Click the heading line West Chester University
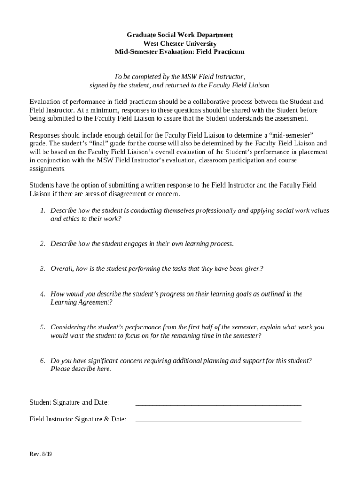pyautogui.click(x=180, y=44)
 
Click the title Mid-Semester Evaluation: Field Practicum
pyautogui.click(x=180, y=52)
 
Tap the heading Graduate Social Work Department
pyautogui.click(x=180, y=35)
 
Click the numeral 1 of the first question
pyautogui.click(x=42, y=210)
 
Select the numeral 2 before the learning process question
pyautogui.click(x=42, y=244)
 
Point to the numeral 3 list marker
pyautogui.click(x=42, y=269)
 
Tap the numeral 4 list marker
pyautogui.click(x=42, y=294)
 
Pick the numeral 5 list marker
pyautogui.click(x=42, y=327)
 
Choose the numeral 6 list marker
pyautogui.click(x=42, y=360)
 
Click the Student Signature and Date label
pyautogui.click(x=69, y=402)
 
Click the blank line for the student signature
pyautogui.click(x=218, y=403)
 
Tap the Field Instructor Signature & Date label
pyautogui.click(x=78, y=419)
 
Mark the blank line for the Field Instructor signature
pyautogui.click(x=218, y=420)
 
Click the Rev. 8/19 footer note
pyautogui.click(x=41, y=454)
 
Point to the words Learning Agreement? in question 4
pyautogui.click(x=81, y=302)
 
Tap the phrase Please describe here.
pyautogui.click(x=81, y=369)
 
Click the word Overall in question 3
pyautogui.click(x=62, y=269)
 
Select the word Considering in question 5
pyautogui.click(x=68, y=327)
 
